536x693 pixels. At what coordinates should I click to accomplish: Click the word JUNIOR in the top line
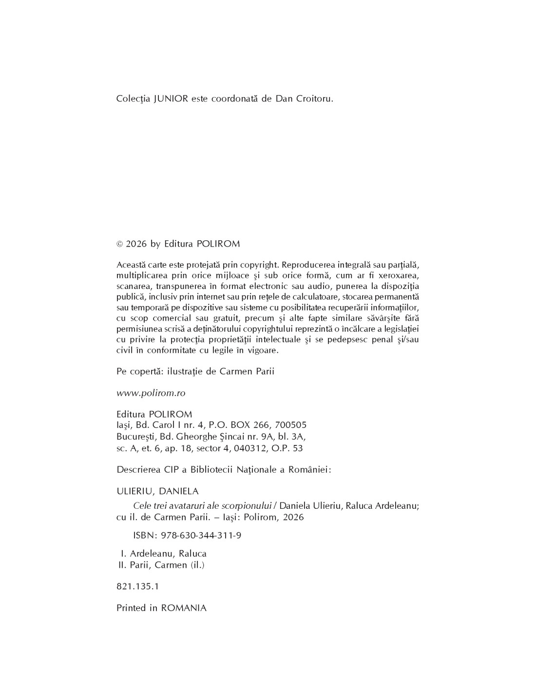170,98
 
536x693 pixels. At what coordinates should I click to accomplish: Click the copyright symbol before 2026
120,244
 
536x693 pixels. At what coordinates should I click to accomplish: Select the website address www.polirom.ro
151,392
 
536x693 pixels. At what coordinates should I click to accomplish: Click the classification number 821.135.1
138,586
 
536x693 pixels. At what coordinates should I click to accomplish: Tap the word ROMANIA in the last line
184,608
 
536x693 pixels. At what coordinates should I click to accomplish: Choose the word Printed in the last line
131,608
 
